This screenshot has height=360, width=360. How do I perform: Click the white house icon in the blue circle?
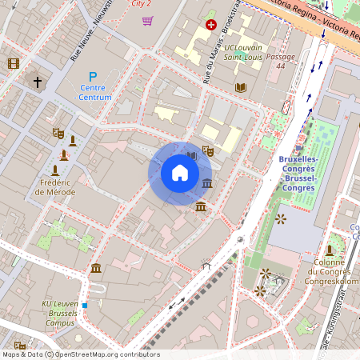pos(180,173)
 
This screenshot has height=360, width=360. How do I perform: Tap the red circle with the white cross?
pos(211,25)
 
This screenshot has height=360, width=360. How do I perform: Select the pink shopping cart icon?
pos(147,20)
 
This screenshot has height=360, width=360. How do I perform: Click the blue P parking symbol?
pos(93,76)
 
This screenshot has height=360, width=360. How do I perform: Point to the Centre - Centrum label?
pos(93,92)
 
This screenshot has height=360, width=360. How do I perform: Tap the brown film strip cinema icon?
pos(14,63)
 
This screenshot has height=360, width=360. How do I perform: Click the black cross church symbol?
pos(37,82)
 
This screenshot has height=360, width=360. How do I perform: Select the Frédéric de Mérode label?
pos(54,187)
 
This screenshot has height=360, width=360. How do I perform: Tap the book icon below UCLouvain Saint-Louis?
pos(241,87)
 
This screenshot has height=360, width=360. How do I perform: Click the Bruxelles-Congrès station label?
pos(298,173)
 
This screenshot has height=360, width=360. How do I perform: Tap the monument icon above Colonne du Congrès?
pos(329,250)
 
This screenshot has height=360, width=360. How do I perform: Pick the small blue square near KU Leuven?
pos(84,305)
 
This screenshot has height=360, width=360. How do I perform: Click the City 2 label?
pos(142,3)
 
